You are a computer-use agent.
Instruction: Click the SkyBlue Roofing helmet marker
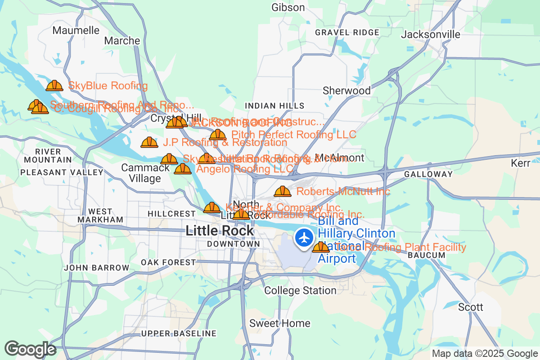click(x=54, y=85)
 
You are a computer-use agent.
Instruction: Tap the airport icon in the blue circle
click(x=305, y=238)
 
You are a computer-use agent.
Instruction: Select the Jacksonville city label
click(x=431, y=35)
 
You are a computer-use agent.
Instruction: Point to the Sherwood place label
click(x=346, y=90)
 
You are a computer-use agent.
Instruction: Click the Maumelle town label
click(x=76, y=30)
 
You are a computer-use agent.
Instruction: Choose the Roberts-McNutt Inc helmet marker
click(x=283, y=192)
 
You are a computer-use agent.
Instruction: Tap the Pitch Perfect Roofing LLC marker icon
click(x=218, y=135)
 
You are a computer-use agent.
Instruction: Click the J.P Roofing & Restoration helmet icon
click(x=149, y=143)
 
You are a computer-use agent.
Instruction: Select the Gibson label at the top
click(x=288, y=7)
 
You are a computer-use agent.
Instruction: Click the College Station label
click(x=300, y=290)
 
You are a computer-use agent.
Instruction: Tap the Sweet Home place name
click(x=279, y=323)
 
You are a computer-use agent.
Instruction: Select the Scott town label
click(x=470, y=307)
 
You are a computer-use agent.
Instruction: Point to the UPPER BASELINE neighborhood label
click(x=179, y=333)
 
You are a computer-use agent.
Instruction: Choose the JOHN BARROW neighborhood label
click(x=97, y=268)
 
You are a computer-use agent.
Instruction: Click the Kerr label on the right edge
click(x=521, y=163)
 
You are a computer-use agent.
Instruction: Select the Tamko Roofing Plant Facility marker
click(x=321, y=247)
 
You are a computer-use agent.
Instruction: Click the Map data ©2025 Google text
click(x=485, y=354)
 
